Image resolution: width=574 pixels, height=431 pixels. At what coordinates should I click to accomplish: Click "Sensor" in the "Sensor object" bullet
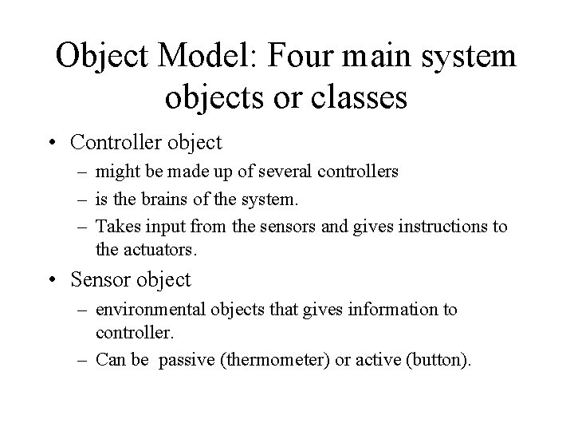coord(101,279)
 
